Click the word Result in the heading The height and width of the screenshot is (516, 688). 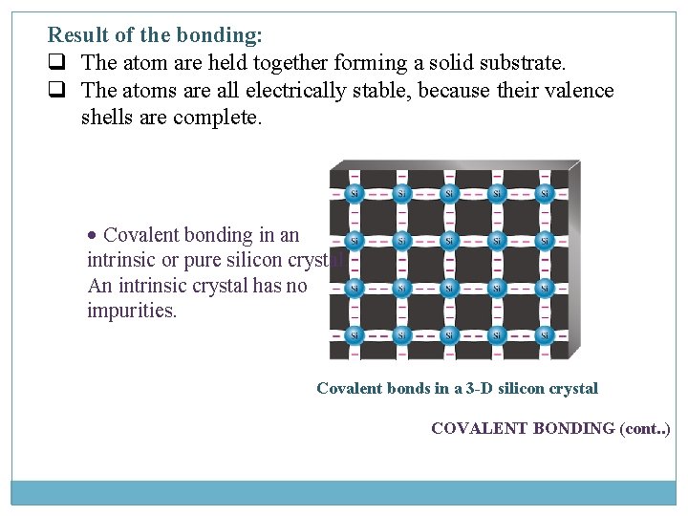point(76,36)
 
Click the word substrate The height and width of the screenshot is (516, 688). point(525,64)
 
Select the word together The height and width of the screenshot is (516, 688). point(285,64)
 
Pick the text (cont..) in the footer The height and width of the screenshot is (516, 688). point(645,428)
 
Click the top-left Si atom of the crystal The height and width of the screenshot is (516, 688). point(355,194)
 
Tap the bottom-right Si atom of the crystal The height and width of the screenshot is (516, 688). point(545,334)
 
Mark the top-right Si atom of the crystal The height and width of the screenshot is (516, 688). point(545,194)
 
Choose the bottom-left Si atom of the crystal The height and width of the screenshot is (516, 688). point(355,334)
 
